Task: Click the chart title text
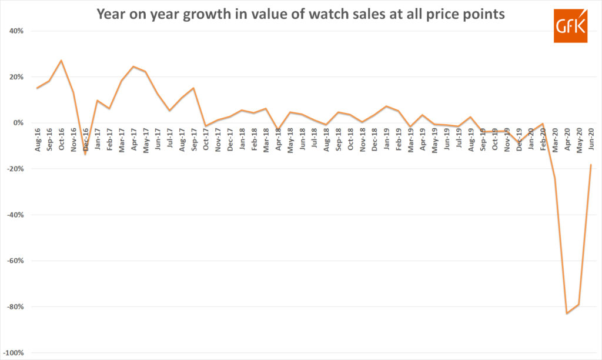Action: [300, 15]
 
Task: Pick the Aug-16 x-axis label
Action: [38, 140]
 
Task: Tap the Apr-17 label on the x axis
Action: [134, 140]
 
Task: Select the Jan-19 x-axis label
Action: [386, 140]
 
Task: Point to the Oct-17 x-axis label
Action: [206, 140]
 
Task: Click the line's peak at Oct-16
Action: [62, 61]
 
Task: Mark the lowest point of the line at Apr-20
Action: [567, 314]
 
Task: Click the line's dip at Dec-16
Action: [85, 154]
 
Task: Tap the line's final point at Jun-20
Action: [591, 165]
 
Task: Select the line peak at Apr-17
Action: [133, 66]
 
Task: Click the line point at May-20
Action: [579, 304]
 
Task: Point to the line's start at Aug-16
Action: [37, 88]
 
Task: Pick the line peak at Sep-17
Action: [193, 88]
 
